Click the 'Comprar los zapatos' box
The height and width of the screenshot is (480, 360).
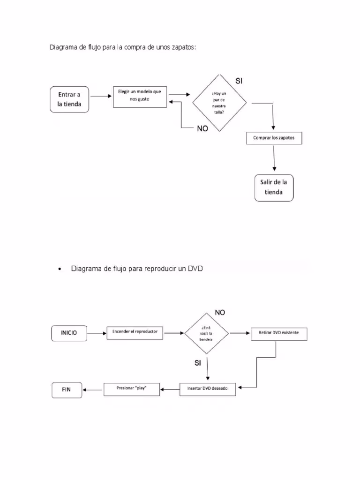click(274, 138)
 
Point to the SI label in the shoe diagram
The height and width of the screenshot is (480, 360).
click(239, 81)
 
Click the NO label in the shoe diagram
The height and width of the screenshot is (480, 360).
click(202, 128)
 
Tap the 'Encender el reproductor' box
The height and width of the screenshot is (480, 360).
click(135, 332)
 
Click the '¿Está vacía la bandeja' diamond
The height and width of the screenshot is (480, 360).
click(207, 334)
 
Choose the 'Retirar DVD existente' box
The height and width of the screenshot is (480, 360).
click(278, 333)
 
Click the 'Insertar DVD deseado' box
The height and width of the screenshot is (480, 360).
click(208, 389)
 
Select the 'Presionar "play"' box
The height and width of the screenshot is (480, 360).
click(132, 389)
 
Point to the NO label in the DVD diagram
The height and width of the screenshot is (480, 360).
click(220, 313)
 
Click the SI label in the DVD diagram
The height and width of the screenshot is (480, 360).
click(198, 362)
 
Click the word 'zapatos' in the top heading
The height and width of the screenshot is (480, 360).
click(184, 47)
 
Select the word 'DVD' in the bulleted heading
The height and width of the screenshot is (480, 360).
click(196, 269)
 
